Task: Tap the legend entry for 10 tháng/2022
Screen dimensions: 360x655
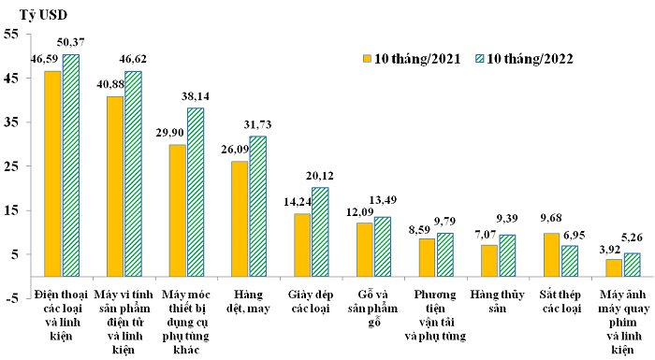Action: (524, 58)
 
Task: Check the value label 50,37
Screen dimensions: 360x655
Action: (71, 42)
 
